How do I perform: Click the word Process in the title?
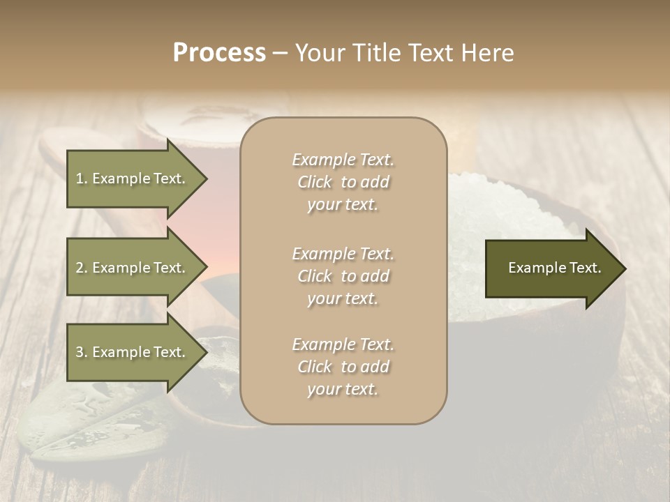click(x=219, y=53)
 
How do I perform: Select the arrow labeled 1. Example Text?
click(x=131, y=178)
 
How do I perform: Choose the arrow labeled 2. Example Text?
click(x=131, y=268)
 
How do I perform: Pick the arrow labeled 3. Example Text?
click(x=131, y=352)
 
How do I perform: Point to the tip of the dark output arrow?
click(x=625, y=268)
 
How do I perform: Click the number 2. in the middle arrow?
click(x=82, y=268)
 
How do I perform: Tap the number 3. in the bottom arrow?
click(x=82, y=352)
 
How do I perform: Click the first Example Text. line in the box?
click(x=343, y=160)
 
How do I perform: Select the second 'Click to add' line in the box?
click(x=343, y=276)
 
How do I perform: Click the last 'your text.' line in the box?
click(x=343, y=390)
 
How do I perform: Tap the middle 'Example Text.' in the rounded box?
click(x=343, y=254)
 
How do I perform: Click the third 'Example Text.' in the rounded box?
click(x=343, y=344)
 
